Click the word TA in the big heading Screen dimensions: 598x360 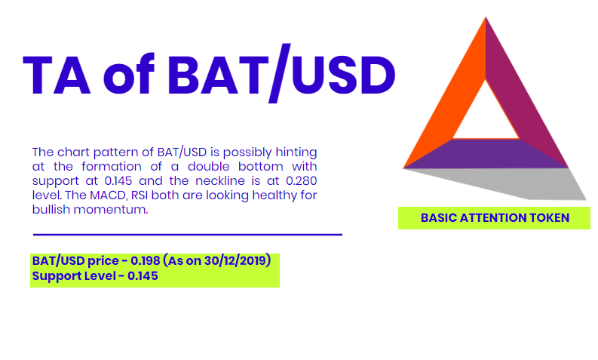point(57,75)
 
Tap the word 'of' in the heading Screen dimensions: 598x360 point(129,74)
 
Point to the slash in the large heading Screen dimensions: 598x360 point(280,73)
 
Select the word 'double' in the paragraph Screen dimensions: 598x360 point(209,167)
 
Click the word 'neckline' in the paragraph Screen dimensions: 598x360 point(220,180)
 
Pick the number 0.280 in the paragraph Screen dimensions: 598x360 point(302,180)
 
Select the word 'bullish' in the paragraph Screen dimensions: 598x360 point(51,209)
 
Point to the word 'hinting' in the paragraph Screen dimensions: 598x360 point(296,152)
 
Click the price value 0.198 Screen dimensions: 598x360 point(146,260)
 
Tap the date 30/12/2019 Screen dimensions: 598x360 point(235,260)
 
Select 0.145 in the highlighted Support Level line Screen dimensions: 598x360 point(143,276)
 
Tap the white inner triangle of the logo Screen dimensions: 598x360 point(486,115)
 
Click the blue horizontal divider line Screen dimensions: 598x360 point(188,235)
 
